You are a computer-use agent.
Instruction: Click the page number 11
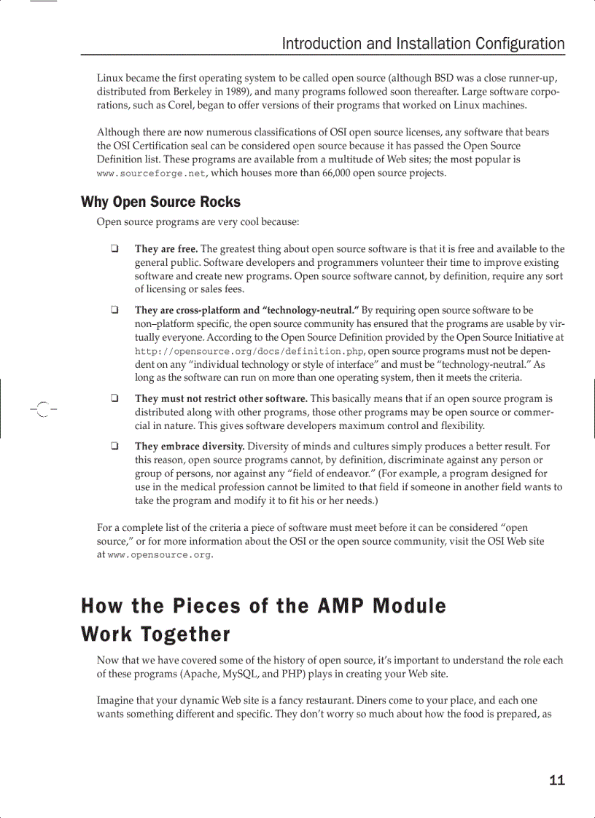click(x=556, y=780)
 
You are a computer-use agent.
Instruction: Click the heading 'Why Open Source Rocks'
click(x=160, y=202)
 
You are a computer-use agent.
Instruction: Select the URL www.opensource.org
click(x=160, y=555)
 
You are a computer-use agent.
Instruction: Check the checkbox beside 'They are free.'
click(x=115, y=249)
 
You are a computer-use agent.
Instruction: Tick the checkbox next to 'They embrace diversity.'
click(x=115, y=446)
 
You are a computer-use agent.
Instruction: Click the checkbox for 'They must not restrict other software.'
click(x=115, y=398)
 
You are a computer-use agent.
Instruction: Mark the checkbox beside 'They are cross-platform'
click(x=115, y=310)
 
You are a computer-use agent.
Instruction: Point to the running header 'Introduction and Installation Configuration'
click(x=423, y=44)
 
